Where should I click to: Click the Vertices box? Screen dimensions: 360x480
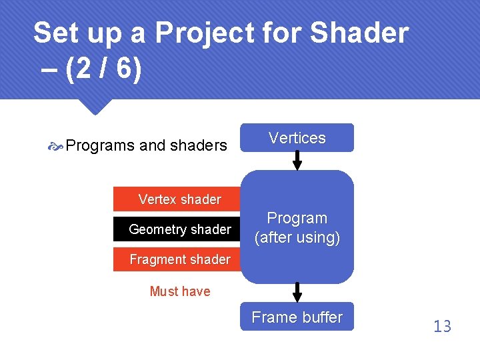[x=297, y=138]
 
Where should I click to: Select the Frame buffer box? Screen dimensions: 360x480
[x=297, y=318]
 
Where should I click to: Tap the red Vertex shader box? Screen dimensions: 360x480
[x=180, y=199]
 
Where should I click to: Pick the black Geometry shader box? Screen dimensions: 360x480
[x=180, y=229]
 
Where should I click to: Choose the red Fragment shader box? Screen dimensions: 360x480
[x=180, y=259]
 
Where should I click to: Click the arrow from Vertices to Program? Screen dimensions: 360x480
[x=297, y=161]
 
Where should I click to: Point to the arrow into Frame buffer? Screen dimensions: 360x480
[x=297, y=293]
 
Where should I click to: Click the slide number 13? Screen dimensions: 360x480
[x=442, y=326]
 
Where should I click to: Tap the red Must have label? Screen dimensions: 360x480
[x=180, y=291]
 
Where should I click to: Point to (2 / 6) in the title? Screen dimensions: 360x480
[x=104, y=70]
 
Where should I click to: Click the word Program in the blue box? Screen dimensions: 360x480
[x=297, y=218]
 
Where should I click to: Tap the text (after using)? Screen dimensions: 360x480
[x=297, y=237]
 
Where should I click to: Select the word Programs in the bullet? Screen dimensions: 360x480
[x=101, y=145]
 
